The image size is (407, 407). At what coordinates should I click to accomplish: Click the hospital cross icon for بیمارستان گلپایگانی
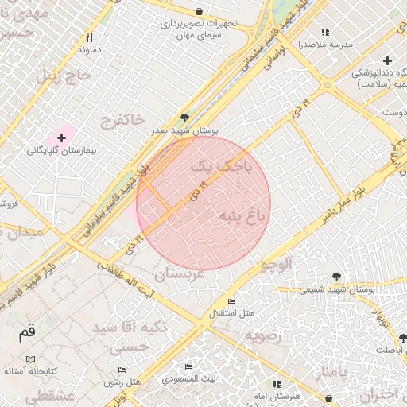(x=61, y=138)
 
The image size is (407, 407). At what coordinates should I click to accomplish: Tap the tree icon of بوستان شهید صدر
(x=185, y=116)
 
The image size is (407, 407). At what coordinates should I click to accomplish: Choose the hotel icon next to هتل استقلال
(x=231, y=302)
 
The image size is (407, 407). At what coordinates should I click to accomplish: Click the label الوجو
(x=274, y=262)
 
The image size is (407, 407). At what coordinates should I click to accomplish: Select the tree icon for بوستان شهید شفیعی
(x=337, y=277)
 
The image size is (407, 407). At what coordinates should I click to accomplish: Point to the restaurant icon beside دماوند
(x=90, y=37)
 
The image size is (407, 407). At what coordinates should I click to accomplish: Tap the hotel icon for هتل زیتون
(x=122, y=370)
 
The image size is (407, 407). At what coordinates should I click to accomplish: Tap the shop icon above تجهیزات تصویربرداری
(x=199, y=11)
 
